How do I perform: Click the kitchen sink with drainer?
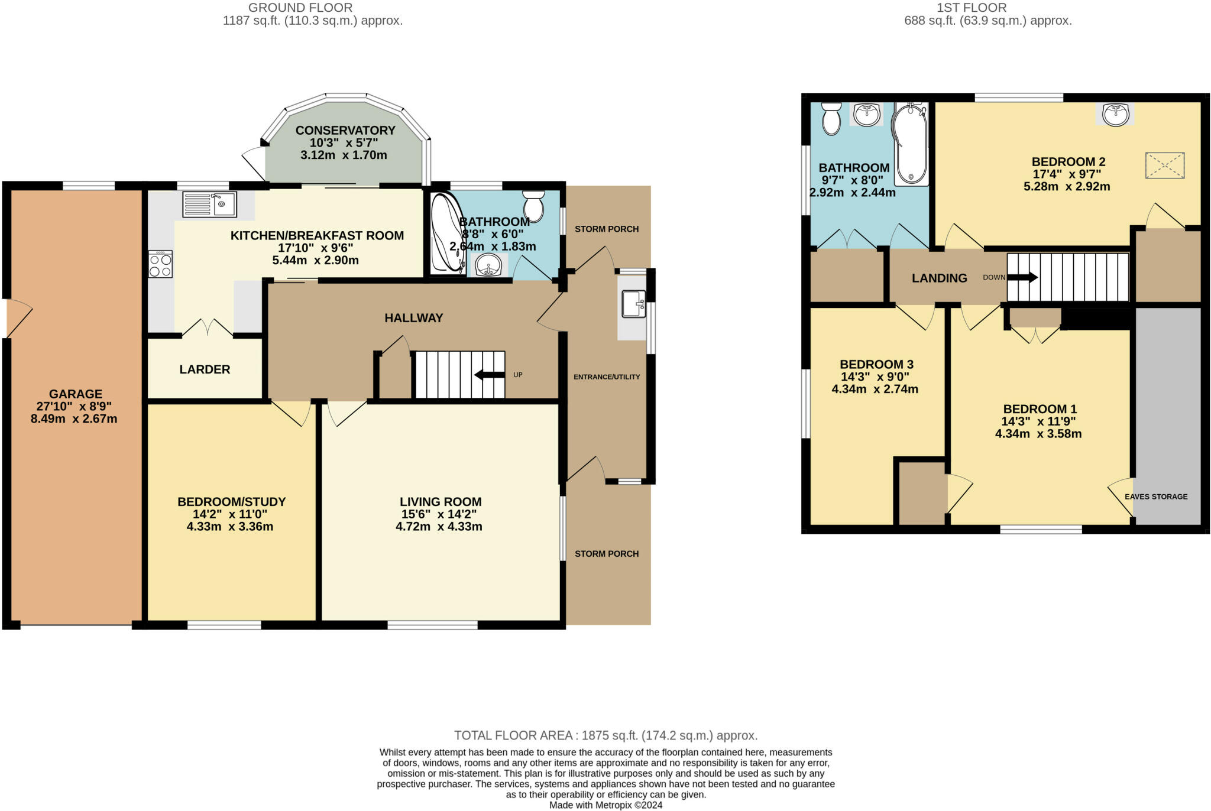[209, 205]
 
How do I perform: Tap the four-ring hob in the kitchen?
[160, 264]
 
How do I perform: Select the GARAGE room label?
[76, 394]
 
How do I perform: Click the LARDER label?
[205, 369]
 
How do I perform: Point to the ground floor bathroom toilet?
[533, 206]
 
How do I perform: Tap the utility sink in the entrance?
[633, 304]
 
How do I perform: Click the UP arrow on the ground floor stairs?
[490, 374]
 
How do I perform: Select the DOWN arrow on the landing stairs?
[1022, 277]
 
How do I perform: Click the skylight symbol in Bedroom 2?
[1165, 165]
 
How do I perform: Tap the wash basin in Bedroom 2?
[1116, 115]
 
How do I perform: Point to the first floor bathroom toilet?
[831, 118]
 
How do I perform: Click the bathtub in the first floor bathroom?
[910, 144]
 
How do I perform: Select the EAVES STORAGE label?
[1156, 497]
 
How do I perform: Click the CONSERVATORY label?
[345, 130]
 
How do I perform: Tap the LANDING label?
[939, 278]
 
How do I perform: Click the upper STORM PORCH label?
[607, 229]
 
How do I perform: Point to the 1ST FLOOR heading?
[972, 8]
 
